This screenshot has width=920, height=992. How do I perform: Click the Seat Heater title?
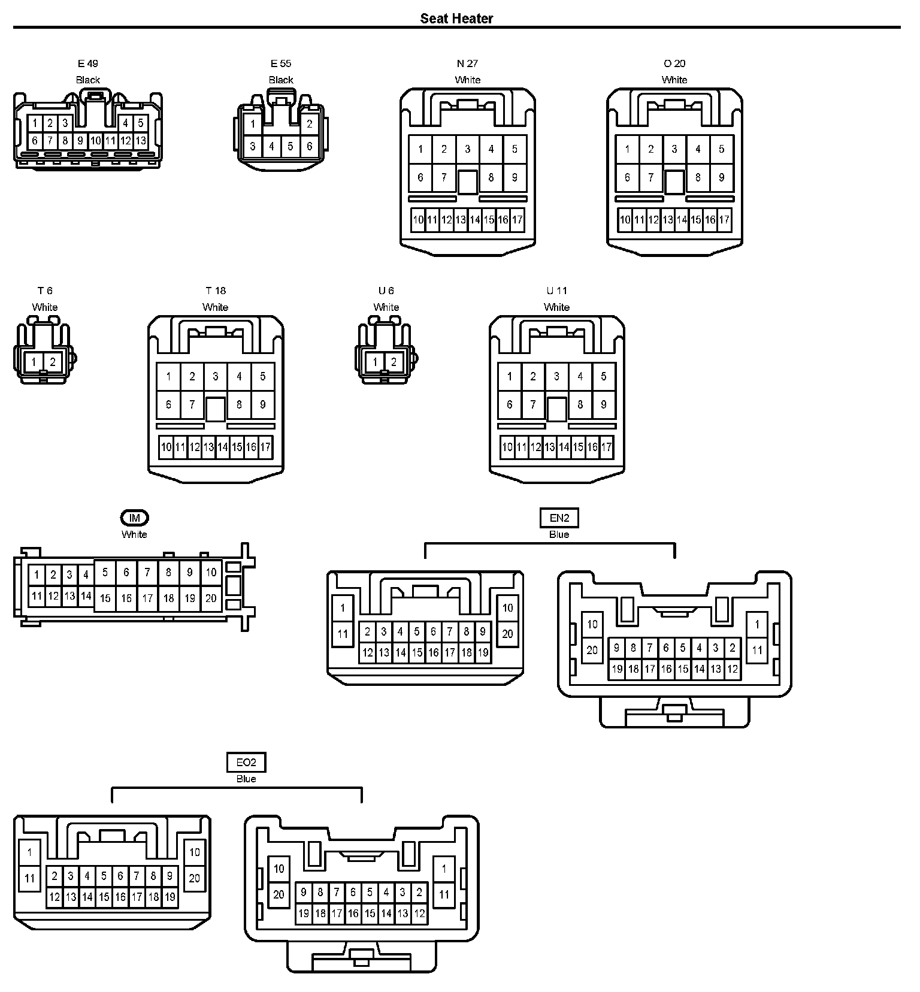[456, 19]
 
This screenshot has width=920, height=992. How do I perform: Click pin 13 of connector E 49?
[140, 141]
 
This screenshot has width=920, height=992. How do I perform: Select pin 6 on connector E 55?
[309, 146]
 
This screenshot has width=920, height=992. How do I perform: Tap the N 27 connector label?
[467, 63]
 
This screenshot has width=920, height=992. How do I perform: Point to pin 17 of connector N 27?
[517, 220]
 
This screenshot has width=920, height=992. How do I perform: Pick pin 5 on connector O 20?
[721, 149]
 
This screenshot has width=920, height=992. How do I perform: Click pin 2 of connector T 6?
[53, 362]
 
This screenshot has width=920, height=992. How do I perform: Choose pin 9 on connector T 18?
[262, 404]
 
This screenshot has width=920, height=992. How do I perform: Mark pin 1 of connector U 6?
[375, 362]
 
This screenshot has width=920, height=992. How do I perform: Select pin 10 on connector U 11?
[507, 447]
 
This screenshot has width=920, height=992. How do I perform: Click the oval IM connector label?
[134, 518]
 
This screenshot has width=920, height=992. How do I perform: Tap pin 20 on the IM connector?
[211, 598]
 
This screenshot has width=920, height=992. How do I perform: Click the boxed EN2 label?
[559, 518]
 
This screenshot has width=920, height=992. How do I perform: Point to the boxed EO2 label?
[246, 762]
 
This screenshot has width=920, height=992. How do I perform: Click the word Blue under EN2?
[559, 534]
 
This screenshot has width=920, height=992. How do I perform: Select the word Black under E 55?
[281, 80]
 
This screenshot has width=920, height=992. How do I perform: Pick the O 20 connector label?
[674, 63]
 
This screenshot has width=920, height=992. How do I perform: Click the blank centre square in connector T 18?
[216, 409]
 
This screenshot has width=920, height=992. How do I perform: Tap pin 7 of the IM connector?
[147, 573]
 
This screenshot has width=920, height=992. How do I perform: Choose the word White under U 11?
[556, 307]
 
